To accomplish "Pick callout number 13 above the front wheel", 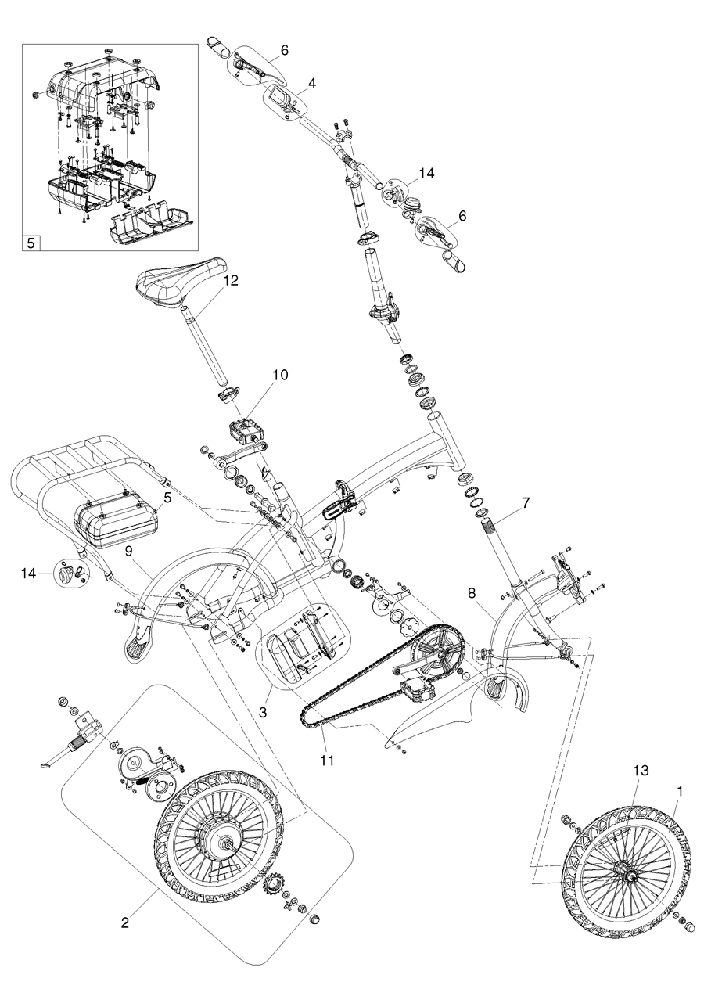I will [641, 771].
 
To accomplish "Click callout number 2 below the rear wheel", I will [124, 922].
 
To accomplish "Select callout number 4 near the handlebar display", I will [311, 81].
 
